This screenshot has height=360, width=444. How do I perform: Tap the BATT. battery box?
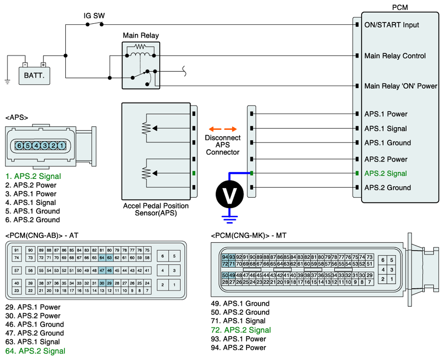tap(34, 75)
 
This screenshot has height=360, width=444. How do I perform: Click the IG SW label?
tap(94, 16)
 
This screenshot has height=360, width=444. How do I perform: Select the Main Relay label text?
tap(141, 35)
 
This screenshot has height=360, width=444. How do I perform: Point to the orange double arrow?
tap(223, 129)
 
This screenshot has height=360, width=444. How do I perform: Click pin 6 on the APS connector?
tap(19, 145)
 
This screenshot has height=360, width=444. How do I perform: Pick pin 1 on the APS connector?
tap(62, 145)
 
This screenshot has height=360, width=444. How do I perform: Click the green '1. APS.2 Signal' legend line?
tap(33, 176)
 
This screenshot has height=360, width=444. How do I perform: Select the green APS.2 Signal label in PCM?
tap(385, 173)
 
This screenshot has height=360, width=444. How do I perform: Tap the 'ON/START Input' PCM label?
tap(391, 25)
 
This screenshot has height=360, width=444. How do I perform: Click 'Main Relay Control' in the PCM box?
tap(395, 56)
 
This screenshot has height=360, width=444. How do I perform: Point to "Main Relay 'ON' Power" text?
tap(401, 86)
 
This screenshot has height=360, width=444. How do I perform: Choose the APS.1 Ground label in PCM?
tap(387, 143)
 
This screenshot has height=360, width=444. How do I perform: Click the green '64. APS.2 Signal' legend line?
tap(35, 351)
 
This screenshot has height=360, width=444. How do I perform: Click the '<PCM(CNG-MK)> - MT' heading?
tap(249, 235)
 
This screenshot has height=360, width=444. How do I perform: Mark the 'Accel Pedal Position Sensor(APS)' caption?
tap(156, 210)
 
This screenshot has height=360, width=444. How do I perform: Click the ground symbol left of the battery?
tap(7, 81)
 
